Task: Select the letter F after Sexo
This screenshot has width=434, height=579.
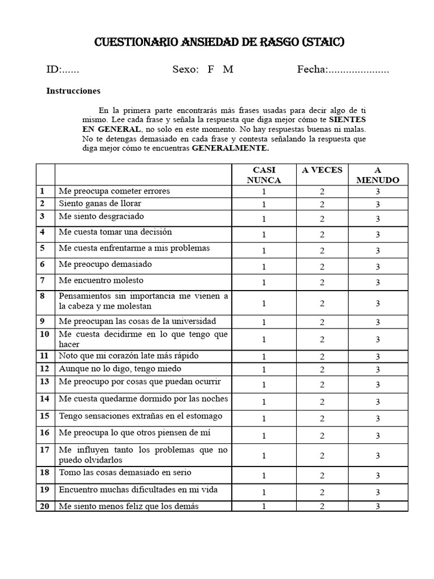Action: (x=211, y=70)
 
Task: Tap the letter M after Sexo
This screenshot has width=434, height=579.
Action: (x=228, y=70)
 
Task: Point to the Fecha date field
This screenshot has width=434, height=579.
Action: (x=343, y=70)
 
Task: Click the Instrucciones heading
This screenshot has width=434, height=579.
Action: (x=73, y=90)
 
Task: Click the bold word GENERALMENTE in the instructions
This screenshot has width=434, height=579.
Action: (x=231, y=148)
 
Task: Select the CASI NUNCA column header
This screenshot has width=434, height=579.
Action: (x=263, y=175)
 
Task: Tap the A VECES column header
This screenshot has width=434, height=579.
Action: (x=322, y=170)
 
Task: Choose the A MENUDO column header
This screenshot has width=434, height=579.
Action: (x=377, y=175)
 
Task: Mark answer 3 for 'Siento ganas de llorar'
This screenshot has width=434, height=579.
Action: (x=377, y=205)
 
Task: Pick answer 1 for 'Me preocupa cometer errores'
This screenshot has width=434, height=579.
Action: (x=263, y=192)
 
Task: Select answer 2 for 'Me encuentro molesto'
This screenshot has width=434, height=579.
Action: (x=322, y=283)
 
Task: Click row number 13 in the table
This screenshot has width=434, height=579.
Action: (x=44, y=382)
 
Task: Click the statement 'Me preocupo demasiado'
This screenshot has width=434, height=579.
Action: (x=105, y=264)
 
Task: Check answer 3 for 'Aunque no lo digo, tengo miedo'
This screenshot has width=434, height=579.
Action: (x=377, y=370)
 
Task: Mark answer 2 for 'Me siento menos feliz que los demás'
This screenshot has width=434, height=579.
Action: (x=322, y=506)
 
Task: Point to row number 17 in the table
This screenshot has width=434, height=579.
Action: (x=44, y=451)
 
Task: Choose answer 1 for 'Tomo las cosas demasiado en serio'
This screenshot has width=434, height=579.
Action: (x=263, y=476)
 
